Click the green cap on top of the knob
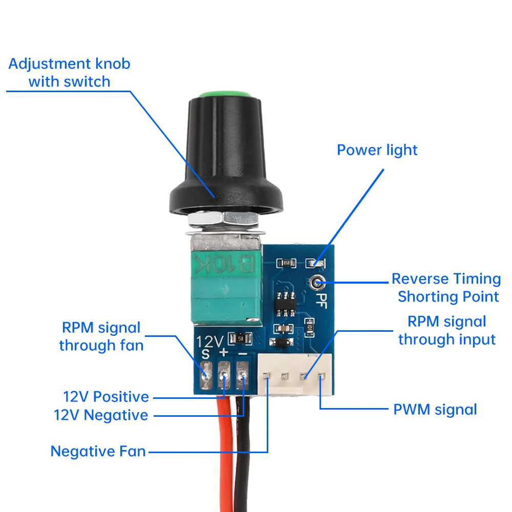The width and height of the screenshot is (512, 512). (224, 95)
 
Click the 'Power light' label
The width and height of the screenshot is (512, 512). (377, 150)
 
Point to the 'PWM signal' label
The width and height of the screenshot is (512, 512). (435, 410)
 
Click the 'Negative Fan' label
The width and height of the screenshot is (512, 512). (98, 451)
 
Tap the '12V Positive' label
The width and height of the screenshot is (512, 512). (105, 397)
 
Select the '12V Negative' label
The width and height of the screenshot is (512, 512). (101, 415)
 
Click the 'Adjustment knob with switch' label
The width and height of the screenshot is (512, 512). (69, 72)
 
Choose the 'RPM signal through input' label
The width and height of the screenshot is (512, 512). (446, 330)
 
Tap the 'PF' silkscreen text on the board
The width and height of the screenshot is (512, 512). (323, 298)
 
